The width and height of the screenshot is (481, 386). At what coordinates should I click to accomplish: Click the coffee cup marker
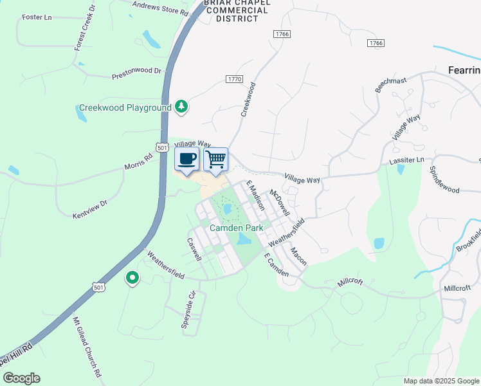coord(186,159)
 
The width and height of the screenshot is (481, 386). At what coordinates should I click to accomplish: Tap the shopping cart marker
coord(216,158)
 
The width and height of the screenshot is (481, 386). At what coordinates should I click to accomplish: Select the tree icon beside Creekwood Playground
coord(181,107)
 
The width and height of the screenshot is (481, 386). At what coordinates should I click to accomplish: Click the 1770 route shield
coord(234,79)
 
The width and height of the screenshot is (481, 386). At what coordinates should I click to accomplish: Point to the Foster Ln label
coord(37,17)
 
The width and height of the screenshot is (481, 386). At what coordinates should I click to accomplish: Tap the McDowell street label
coord(280,203)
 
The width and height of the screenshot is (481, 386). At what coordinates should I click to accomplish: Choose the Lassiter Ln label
coord(407,160)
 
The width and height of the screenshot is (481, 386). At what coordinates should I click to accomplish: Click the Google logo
coord(21,378)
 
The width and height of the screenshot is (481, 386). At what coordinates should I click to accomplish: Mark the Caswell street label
coord(194,250)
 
